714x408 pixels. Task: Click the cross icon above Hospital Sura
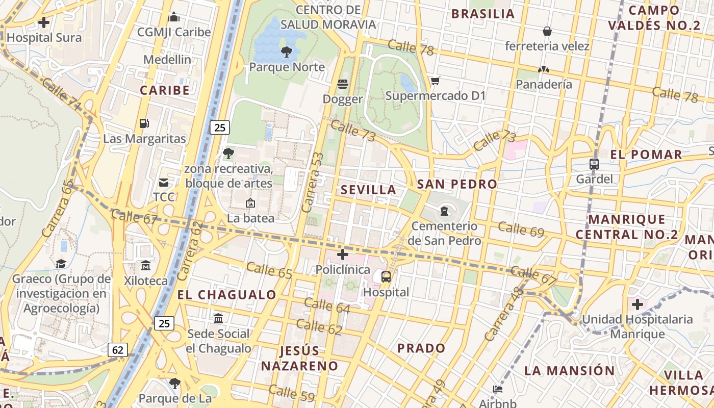(x=44, y=22)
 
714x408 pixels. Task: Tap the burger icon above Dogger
(x=342, y=84)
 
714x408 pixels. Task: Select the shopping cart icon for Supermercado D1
(x=435, y=81)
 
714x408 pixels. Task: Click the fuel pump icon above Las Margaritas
(x=144, y=123)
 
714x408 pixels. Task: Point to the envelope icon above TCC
(x=164, y=182)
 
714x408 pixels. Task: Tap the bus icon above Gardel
(x=594, y=164)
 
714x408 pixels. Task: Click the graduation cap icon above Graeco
(x=61, y=264)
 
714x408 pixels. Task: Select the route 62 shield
(x=118, y=349)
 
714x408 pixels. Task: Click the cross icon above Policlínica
(x=343, y=254)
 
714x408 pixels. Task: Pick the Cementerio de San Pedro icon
(x=444, y=211)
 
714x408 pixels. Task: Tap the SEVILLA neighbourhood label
(x=368, y=190)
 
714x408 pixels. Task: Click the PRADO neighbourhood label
(x=421, y=348)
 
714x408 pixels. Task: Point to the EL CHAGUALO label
(x=227, y=295)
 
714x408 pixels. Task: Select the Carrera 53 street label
(x=313, y=182)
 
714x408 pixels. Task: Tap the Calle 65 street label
(x=269, y=270)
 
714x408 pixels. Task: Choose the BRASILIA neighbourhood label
(x=483, y=14)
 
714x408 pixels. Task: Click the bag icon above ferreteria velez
(x=547, y=31)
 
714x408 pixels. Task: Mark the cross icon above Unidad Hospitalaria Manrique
(x=637, y=305)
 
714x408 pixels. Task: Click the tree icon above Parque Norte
(x=287, y=52)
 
